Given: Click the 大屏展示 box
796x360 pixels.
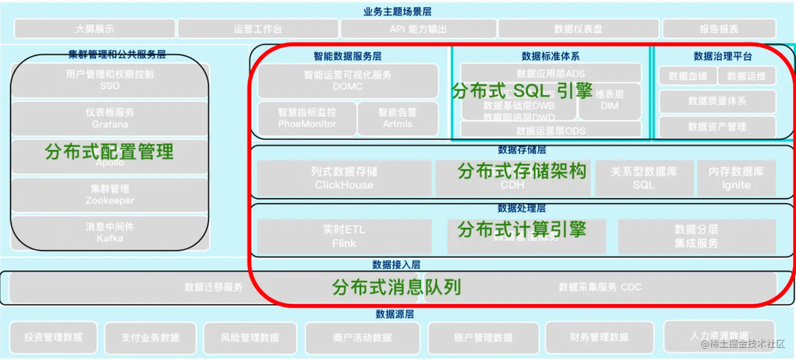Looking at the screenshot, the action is tap(94, 29).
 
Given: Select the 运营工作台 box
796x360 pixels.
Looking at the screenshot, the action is tap(257, 29).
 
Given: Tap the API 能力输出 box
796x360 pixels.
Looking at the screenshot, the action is tap(418, 29).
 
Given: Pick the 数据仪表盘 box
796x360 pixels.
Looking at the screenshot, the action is tap(578, 29).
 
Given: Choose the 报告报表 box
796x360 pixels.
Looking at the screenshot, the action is tap(719, 29).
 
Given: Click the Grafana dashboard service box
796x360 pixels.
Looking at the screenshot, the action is tap(110, 119).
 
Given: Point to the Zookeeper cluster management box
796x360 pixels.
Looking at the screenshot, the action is tap(110, 194).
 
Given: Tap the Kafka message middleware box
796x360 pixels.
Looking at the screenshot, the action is tap(110, 232).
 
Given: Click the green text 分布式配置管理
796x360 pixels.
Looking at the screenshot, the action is tap(110, 152).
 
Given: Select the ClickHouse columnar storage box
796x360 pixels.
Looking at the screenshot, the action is tap(344, 178).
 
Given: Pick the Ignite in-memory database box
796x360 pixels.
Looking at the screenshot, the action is tap(736, 178).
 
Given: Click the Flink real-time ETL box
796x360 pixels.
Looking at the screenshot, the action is tap(344, 237).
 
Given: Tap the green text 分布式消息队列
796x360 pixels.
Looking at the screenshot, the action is tap(396, 287).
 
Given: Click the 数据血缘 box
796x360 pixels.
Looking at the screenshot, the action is tap(688, 76).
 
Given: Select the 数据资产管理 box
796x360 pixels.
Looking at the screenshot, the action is tap(717, 127).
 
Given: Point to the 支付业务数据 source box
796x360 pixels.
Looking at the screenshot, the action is tap(150, 337).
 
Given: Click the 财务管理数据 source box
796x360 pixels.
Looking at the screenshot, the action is tap(599, 337).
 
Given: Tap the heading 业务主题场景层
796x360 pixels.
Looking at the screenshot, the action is tap(397, 11).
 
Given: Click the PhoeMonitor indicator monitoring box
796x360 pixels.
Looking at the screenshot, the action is tap(307, 118).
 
